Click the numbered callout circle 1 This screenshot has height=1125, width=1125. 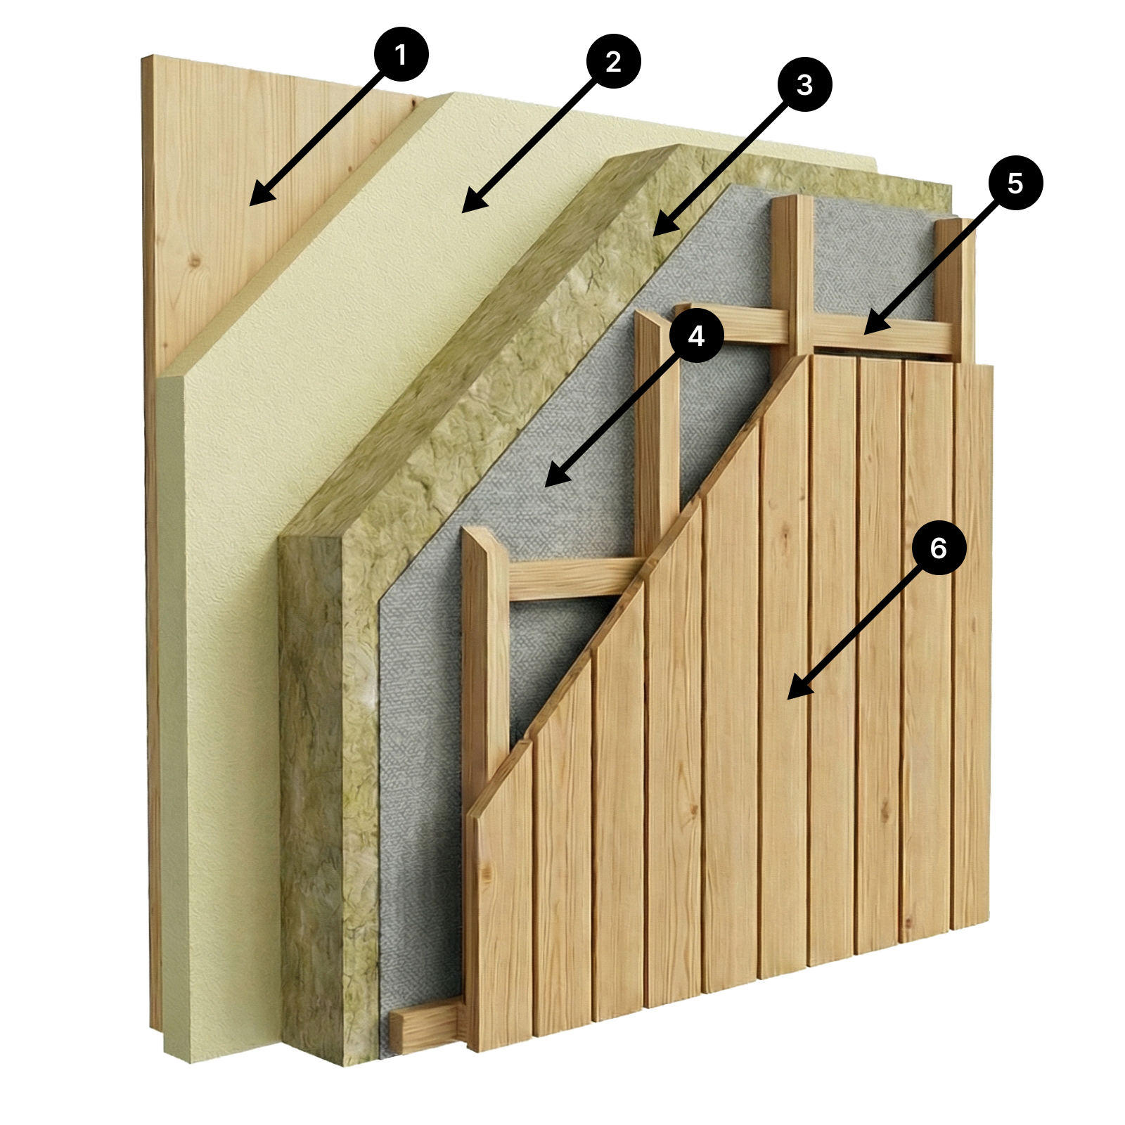point(401,55)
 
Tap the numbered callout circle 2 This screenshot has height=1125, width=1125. point(613,62)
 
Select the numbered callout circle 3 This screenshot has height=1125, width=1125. point(804,85)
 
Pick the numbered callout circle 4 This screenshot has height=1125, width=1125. point(696,336)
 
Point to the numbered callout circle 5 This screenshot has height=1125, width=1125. point(1015,183)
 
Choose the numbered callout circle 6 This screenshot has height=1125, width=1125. point(939,547)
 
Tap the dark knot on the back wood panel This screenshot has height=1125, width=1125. point(196,262)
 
